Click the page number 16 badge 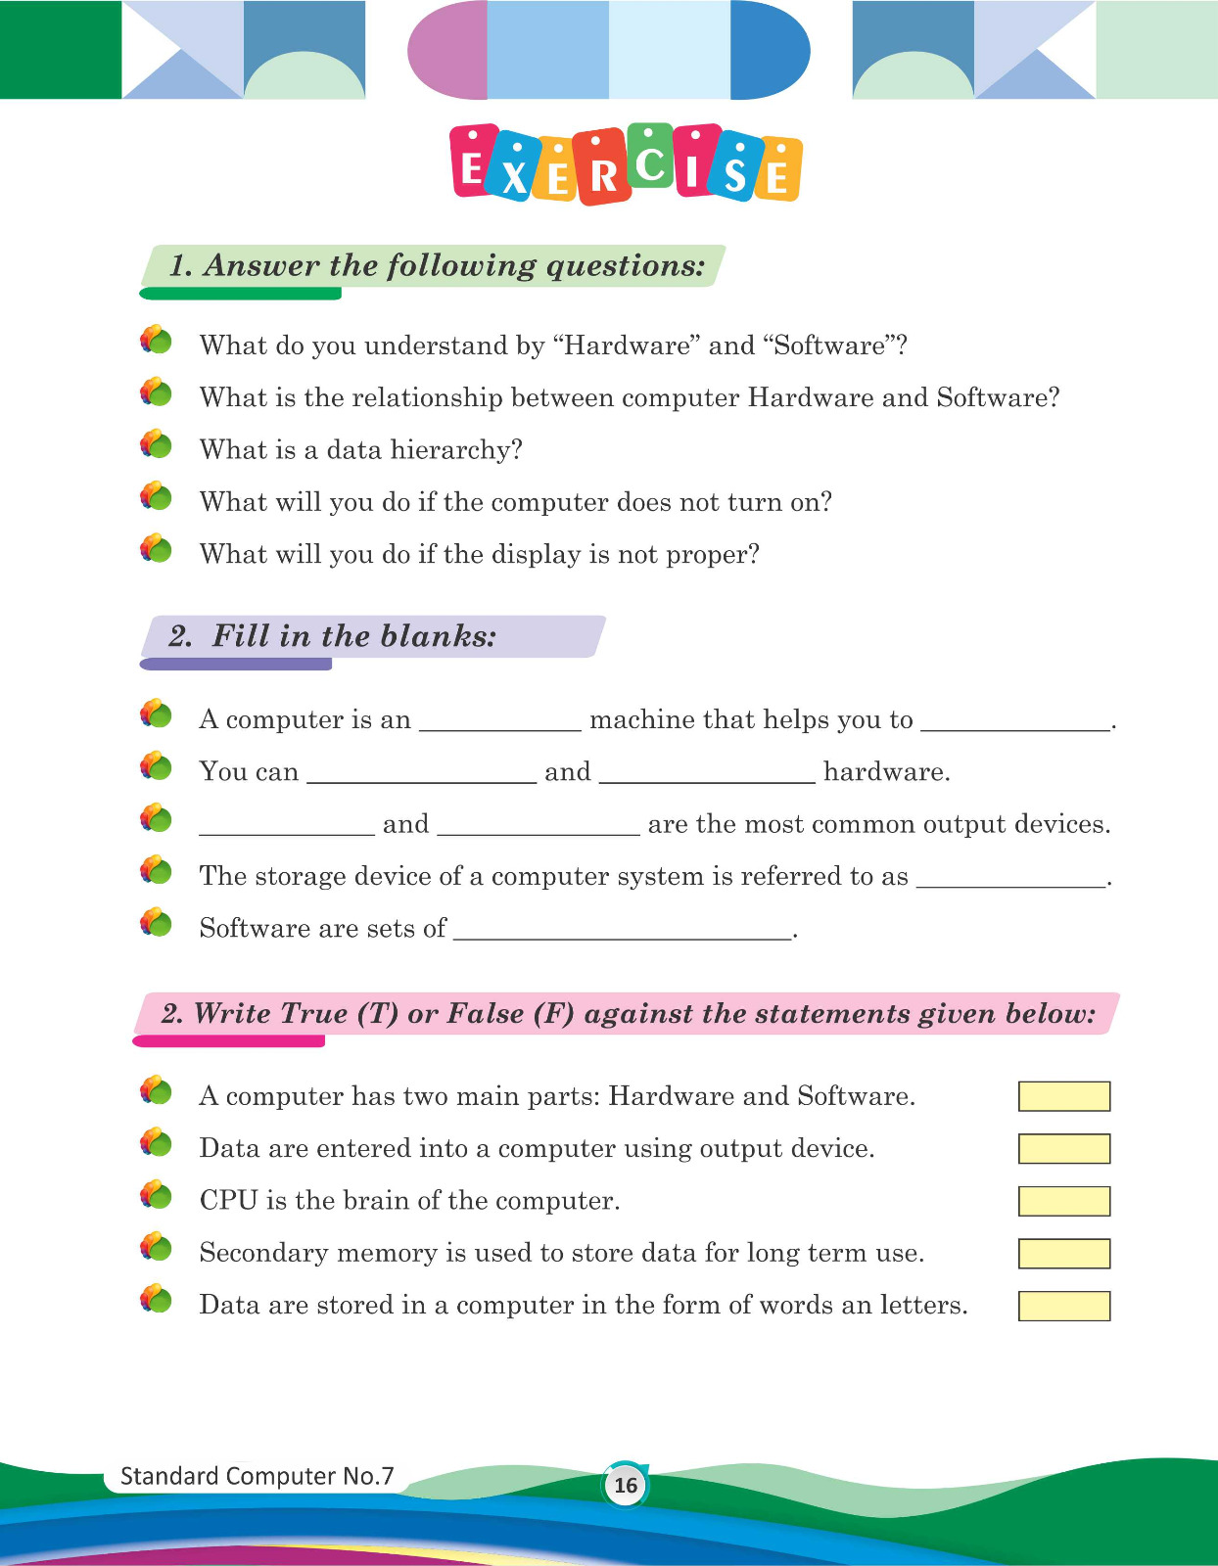[x=625, y=1485]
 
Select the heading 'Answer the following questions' [x=437, y=266]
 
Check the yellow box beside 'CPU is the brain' [x=1063, y=1201]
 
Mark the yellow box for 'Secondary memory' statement [x=1063, y=1253]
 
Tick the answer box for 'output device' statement [x=1063, y=1149]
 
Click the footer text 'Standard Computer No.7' [x=257, y=1476]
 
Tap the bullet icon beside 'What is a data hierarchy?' [x=156, y=445]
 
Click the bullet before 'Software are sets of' [x=156, y=923]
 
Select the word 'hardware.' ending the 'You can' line [x=887, y=772]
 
